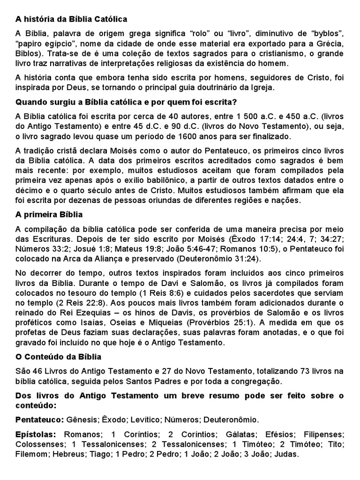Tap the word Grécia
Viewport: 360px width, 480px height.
tap(331, 44)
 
